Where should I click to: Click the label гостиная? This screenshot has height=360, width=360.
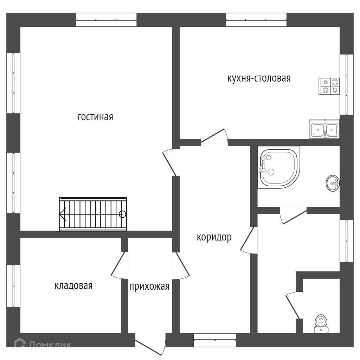click(x=95, y=117)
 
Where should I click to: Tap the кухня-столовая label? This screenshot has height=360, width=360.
click(x=259, y=78)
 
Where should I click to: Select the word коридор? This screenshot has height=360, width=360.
click(x=214, y=238)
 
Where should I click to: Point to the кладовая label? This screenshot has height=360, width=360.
click(x=73, y=286)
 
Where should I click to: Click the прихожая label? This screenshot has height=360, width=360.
click(x=149, y=287)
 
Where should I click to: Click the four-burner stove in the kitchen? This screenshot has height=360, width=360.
click(x=330, y=86)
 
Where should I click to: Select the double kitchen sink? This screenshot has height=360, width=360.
click(x=324, y=129)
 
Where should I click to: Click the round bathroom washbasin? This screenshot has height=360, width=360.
click(x=333, y=183)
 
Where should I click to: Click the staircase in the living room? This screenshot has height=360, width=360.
click(x=93, y=214)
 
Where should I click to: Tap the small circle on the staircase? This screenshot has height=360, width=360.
click(x=122, y=214)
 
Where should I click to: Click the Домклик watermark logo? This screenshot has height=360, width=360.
click(x=42, y=344)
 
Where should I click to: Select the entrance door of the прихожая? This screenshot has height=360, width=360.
click(x=150, y=346)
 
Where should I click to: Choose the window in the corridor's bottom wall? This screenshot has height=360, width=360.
click(x=214, y=340)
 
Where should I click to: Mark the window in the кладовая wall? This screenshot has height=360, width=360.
click(x=13, y=285)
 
